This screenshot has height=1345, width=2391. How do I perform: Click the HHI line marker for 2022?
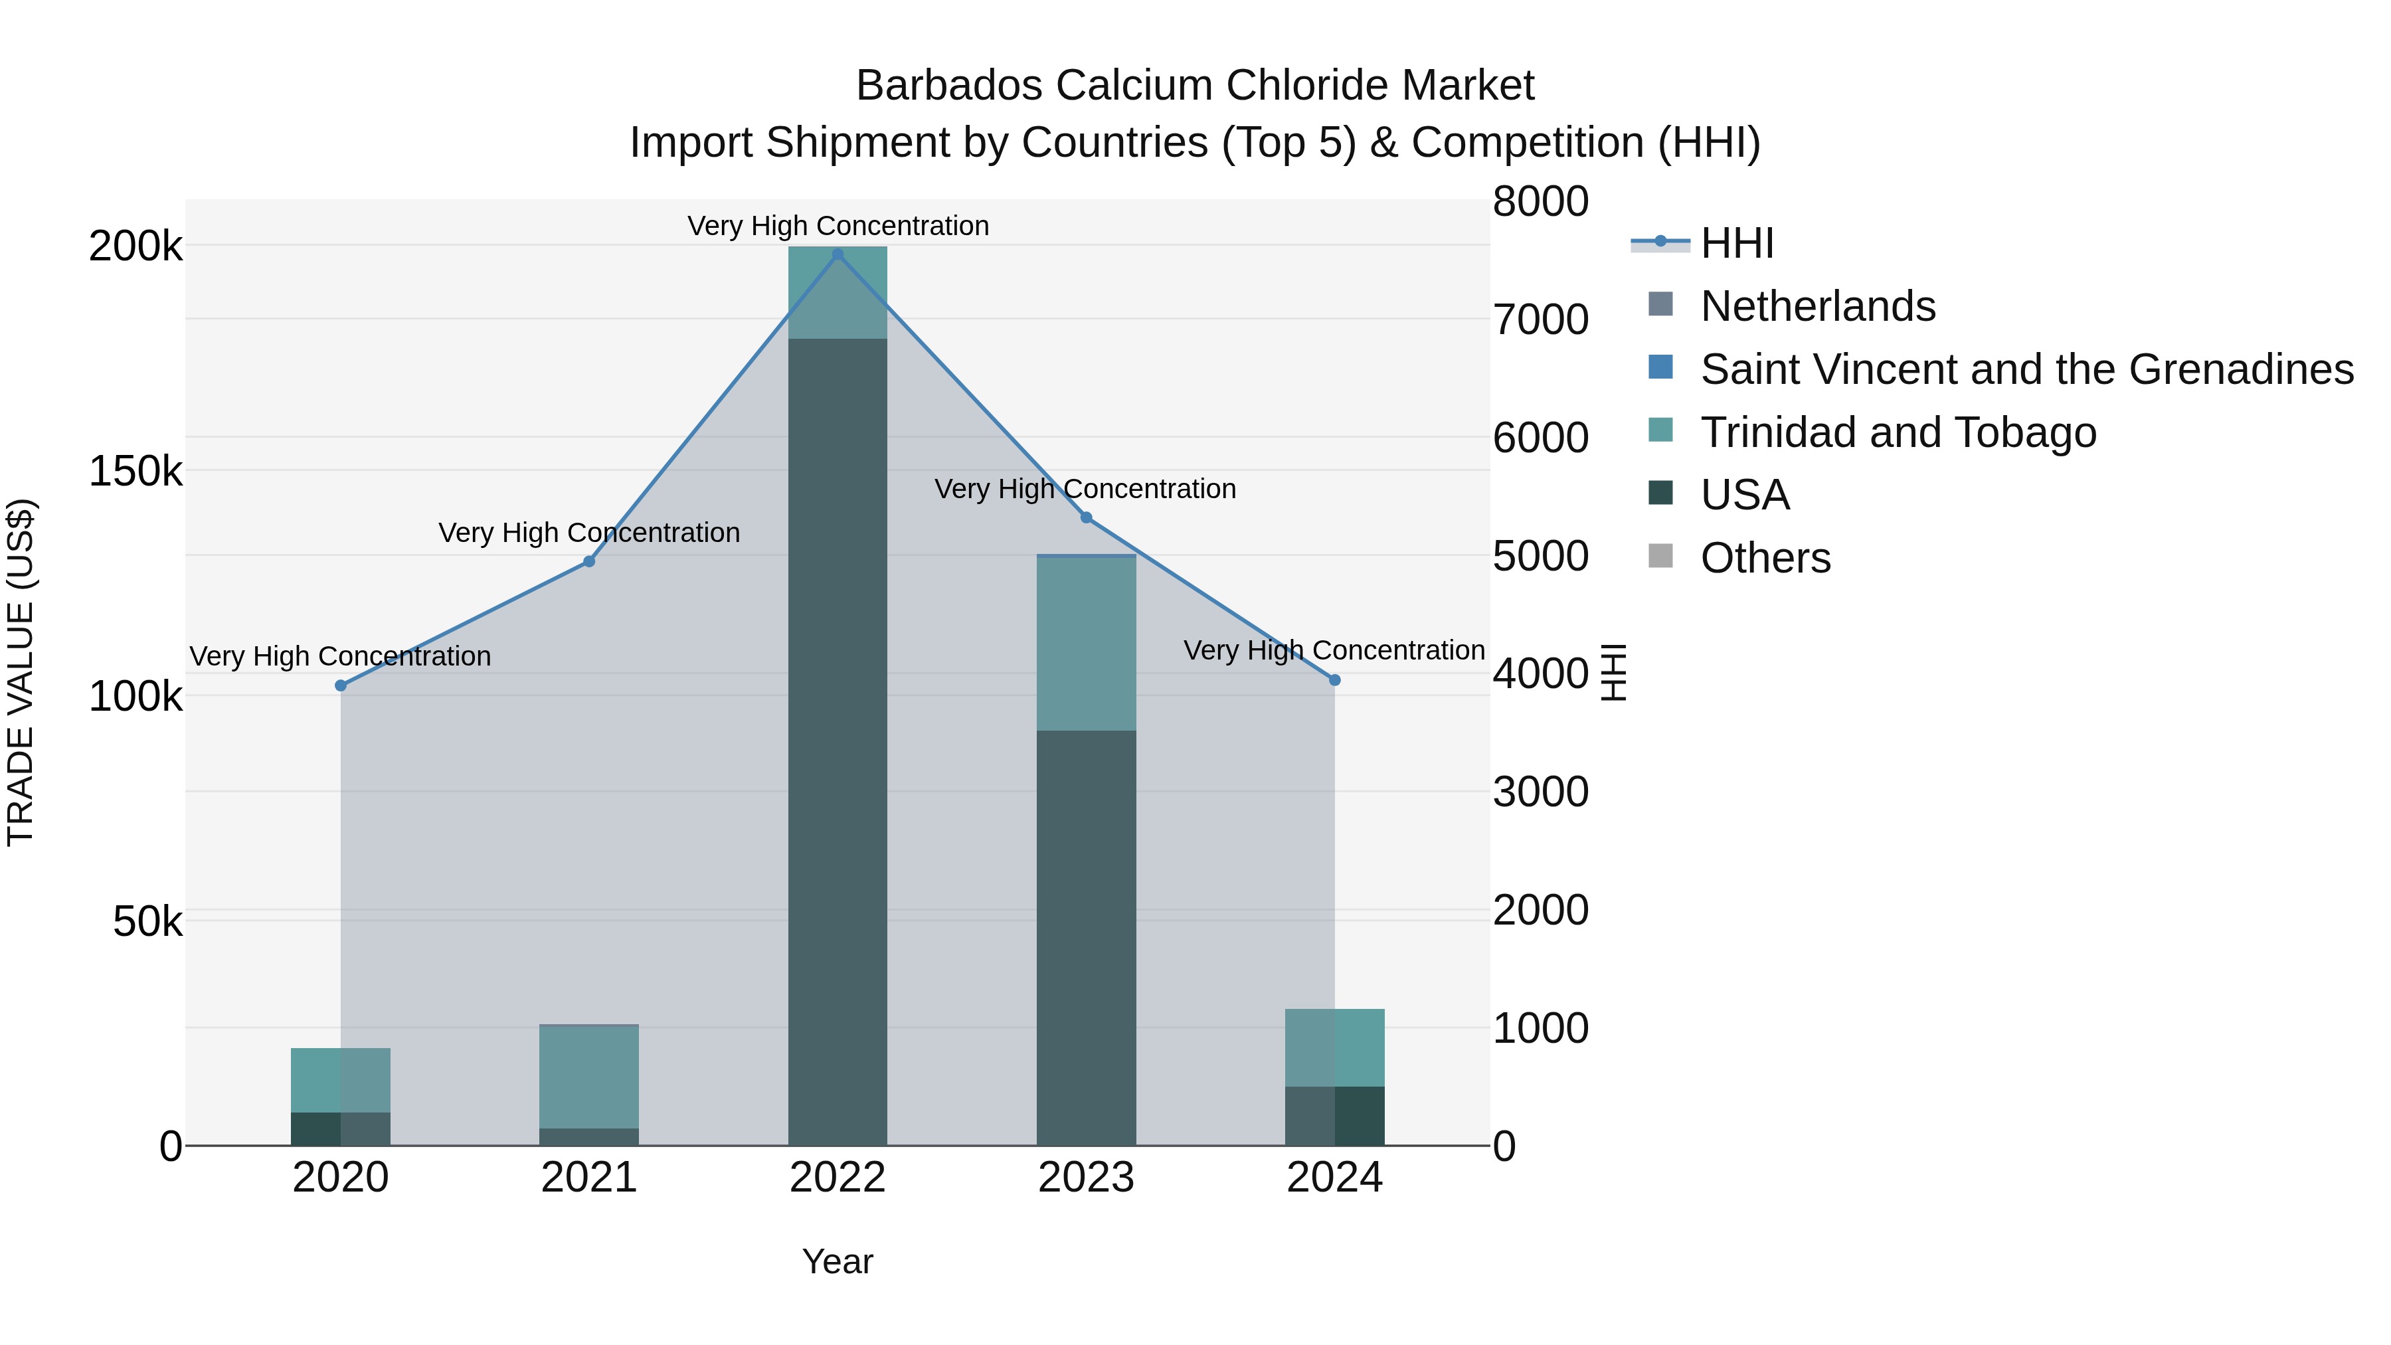pyautogui.click(x=838, y=254)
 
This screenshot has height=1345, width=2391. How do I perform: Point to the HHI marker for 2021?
pyautogui.click(x=588, y=561)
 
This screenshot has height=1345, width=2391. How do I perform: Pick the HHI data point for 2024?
pyautogui.click(x=1335, y=680)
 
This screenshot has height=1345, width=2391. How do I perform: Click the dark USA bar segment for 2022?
pyautogui.click(x=838, y=743)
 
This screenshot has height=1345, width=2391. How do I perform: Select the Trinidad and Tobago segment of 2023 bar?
pyautogui.click(x=1086, y=643)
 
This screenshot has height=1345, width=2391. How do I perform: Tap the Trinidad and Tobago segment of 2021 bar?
pyautogui.click(x=588, y=1077)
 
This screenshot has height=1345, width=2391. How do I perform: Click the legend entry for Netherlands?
pyautogui.click(x=1817, y=306)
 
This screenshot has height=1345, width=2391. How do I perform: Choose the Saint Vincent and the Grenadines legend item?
pyautogui.click(x=2026, y=369)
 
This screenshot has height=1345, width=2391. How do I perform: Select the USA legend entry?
pyautogui.click(x=1744, y=495)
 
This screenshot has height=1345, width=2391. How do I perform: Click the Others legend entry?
pyautogui.click(x=1765, y=559)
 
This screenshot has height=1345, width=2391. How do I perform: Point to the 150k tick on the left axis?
pyautogui.click(x=135, y=472)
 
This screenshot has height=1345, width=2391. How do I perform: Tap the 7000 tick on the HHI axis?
pyautogui.click(x=1541, y=320)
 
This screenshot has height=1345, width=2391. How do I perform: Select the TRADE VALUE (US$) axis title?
pyautogui.click(x=21, y=672)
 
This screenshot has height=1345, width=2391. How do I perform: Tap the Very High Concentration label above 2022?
pyautogui.click(x=838, y=226)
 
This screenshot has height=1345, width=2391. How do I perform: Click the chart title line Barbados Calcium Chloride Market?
pyautogui.click(x=1195, y=86)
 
